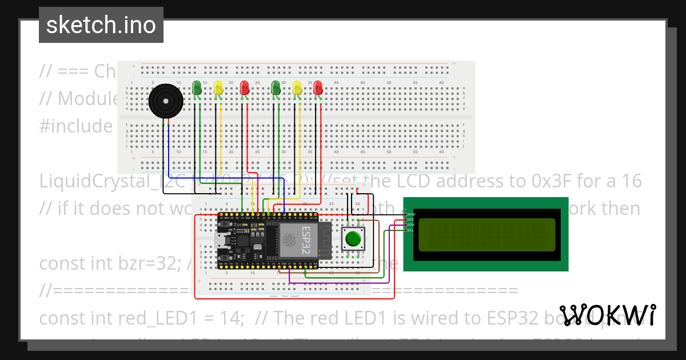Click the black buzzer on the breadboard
pyautogui.click(x=166, y=101)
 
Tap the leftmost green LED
pyautogui.click(x=197, y=87)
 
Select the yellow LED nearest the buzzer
pyautogui.click(x=218, y=87)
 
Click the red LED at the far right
pyautogui.click(x=318, y=87)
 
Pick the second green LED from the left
pyautogui.click(x=276, y=87)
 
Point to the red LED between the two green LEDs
pyautogui.click(x=244, y=87)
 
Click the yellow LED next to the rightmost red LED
pyautogui.click(x=297, y=87)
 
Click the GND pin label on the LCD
pyautogui.click(x=410, y=214)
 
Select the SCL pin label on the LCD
pyautogui.click(x=410, y=230)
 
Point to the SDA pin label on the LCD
pyautogui.click(x=410, y=225)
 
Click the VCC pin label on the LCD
pyautogui.click(x=410, y=219)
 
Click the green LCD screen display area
pyautogui.click(x=486, y=235)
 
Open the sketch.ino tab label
pyautogui.click(x=101, y=25)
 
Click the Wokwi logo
pyautogui.click(x=607, y=315)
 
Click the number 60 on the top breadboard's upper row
pyautogui.click(x=441, y=83)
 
